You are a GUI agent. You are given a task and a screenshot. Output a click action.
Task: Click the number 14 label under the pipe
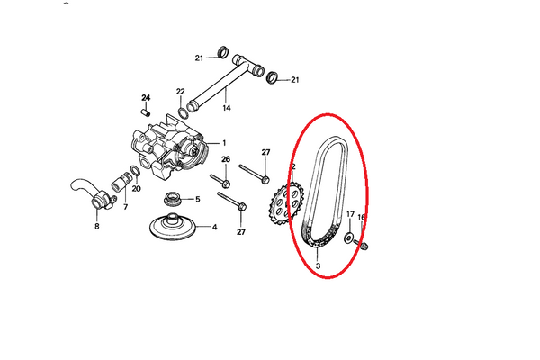[226, 108]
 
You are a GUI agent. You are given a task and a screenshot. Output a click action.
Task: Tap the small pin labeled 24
[147, 112]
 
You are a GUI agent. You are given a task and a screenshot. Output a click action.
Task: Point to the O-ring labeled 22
[183, 112]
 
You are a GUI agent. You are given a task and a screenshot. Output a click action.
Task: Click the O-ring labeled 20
[135, 171]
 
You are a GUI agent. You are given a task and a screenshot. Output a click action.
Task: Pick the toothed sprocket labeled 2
[285, 204]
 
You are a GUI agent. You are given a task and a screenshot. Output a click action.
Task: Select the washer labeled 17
[349, 238]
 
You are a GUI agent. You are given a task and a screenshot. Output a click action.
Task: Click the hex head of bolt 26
[226, 184]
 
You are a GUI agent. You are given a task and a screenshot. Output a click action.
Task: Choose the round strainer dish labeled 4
[173, 228]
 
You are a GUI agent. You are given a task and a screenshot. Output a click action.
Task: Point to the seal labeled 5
[172, 200]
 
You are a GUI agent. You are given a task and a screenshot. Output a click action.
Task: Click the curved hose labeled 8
[93, 194]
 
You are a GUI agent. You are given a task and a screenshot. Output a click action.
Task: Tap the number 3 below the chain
[318, 266]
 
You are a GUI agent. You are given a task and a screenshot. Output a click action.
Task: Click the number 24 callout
[146, 98]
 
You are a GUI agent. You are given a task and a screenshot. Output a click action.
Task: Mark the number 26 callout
[226, 159]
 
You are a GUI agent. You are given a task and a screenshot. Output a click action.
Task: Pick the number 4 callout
[214, 227]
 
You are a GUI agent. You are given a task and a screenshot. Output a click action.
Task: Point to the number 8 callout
[97, 226]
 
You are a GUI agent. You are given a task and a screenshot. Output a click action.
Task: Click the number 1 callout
[224, 143]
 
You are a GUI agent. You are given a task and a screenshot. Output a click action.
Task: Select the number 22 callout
[181, 92]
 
